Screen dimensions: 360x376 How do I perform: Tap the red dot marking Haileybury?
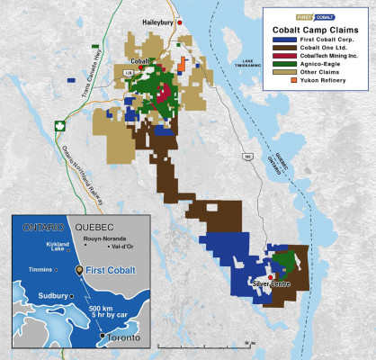tap(180, 20)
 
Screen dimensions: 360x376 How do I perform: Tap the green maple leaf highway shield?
tap(61, 125)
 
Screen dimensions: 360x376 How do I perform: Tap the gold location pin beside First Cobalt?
tap(79, 269)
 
